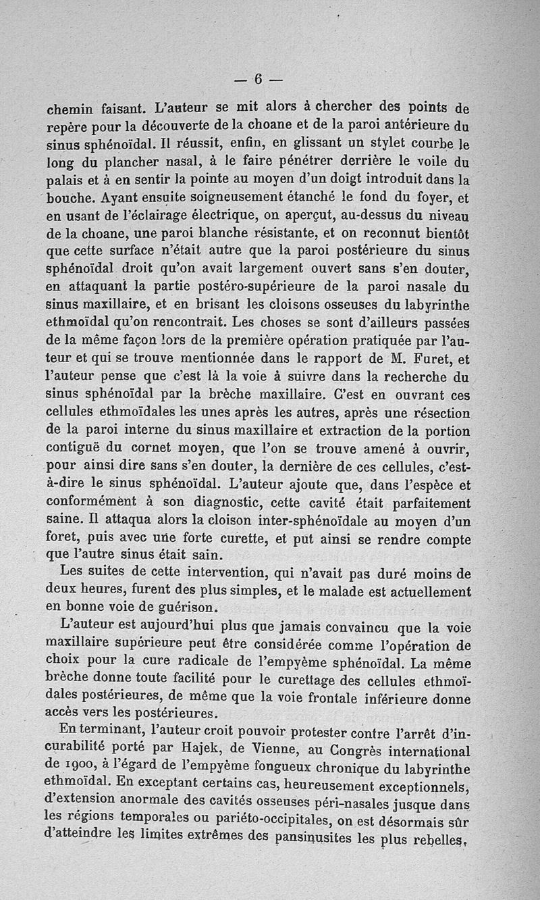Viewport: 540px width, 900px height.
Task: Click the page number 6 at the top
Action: point(257,78)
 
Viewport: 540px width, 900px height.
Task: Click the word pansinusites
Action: point(333,840)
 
